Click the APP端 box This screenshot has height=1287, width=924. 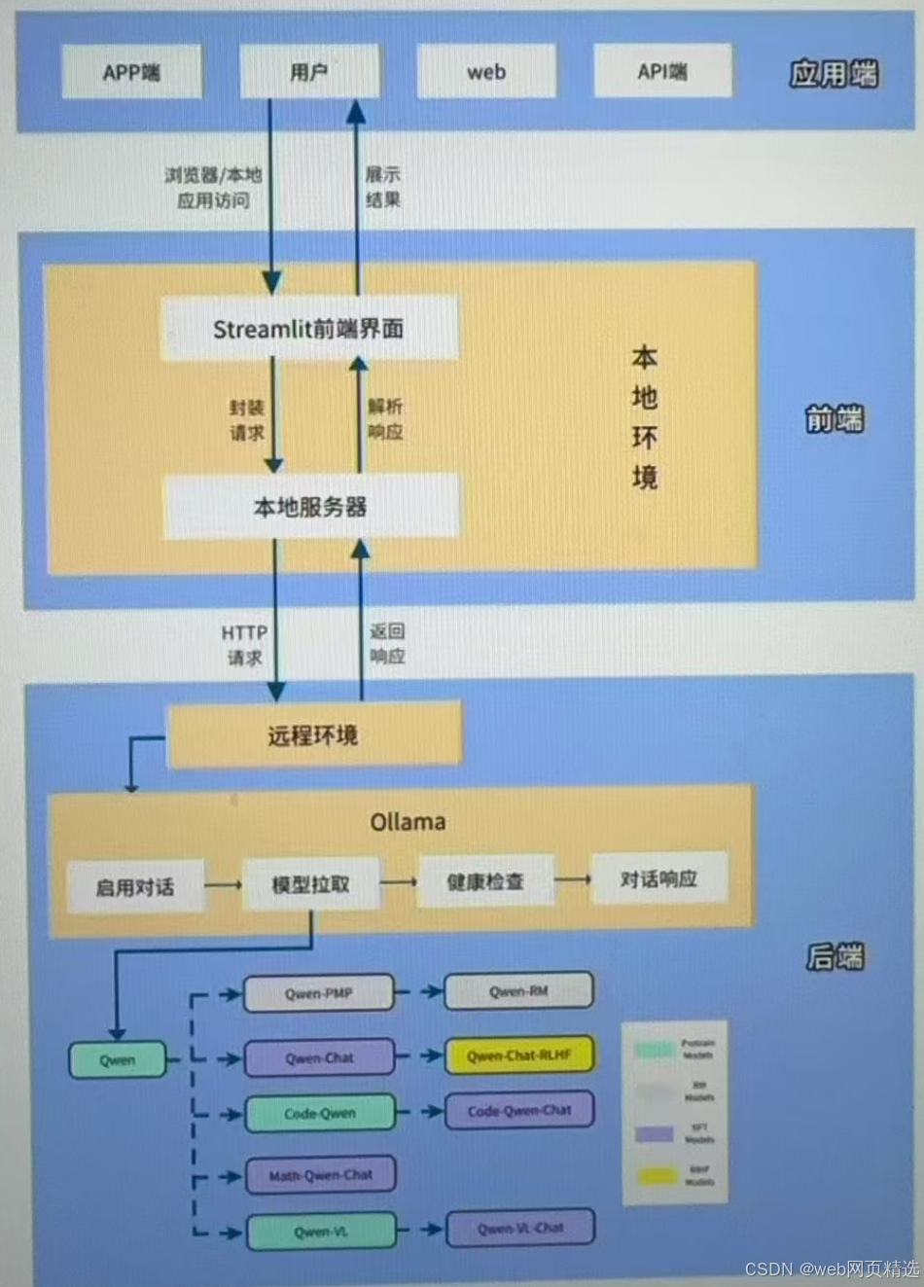tap(131, 72)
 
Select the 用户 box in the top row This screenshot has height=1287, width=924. tap(309, 72)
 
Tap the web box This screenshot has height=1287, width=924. tap(486, 72)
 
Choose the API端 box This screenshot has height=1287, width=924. tap(662, 71)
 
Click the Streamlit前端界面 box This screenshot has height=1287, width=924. tap(309, 329)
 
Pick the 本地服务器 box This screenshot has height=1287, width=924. tap(310, 507)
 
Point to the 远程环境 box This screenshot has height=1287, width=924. tap(314, 735)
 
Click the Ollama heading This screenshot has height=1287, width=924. tap(408, 822)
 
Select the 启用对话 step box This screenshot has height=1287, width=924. tap(135, 886)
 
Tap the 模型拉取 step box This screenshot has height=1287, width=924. tap(310, 884)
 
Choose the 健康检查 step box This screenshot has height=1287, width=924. tap(485, 881)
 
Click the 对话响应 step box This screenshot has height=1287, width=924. tap(658, 878)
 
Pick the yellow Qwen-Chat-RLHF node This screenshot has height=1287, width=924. tap(519, 1055)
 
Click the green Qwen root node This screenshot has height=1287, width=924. tap(118, 1060)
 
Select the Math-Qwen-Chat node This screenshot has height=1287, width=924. tap(321, 1175)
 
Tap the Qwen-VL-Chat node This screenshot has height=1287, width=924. tap(520, 1229)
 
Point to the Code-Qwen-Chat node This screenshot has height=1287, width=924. tap(519, 1110)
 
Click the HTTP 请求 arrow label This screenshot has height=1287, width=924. tap(244, 645)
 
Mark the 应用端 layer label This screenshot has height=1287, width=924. tap(834, 74)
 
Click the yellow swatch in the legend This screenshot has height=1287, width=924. tap(657, 1176)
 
